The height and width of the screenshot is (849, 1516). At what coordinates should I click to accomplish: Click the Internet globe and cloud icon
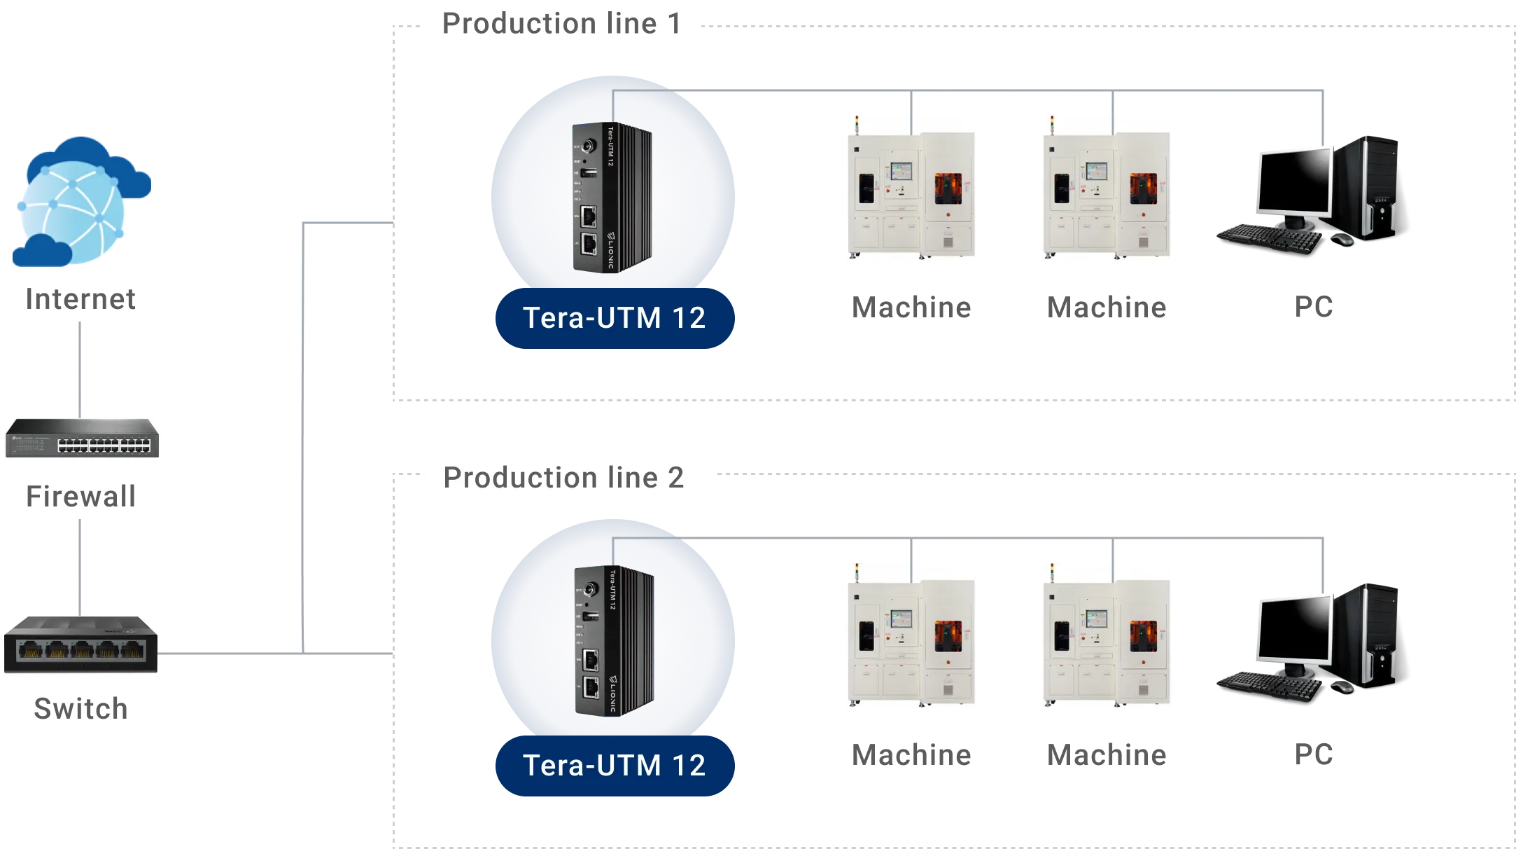[x=80, y=202]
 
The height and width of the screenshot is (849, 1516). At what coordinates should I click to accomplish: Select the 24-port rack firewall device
[x=82, y=437]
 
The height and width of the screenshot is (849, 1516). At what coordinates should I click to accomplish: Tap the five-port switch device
[x=82, y=644]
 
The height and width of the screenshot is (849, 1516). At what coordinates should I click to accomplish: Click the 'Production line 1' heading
[x=562, y=25]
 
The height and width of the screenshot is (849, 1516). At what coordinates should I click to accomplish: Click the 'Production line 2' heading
[x=564, y=478]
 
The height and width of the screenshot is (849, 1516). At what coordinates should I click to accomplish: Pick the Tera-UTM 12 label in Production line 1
[x=614, y=318]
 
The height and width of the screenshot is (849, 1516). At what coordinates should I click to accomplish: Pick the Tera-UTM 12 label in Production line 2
[x=614, y=766]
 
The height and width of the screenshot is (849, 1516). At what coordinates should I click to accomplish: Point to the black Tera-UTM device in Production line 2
[x=612, y=641]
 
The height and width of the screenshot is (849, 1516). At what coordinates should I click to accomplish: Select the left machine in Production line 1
[x=912, y=188]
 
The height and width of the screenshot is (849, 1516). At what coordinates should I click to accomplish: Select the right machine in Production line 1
[x=1108, y=188]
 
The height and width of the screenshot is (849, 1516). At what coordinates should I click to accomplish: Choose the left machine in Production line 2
[x=912, y=636]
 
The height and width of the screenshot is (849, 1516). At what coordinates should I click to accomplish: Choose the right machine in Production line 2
[x=1108, y=636]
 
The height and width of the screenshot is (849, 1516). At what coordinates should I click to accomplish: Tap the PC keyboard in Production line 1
[x=1267, y=237]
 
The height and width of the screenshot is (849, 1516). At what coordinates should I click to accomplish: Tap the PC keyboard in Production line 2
[x=1267, y=685]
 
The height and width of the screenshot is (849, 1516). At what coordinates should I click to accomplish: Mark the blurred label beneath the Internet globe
[x=81, y=301]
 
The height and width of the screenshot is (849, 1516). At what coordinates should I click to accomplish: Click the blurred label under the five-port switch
[x=81, y=710]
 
